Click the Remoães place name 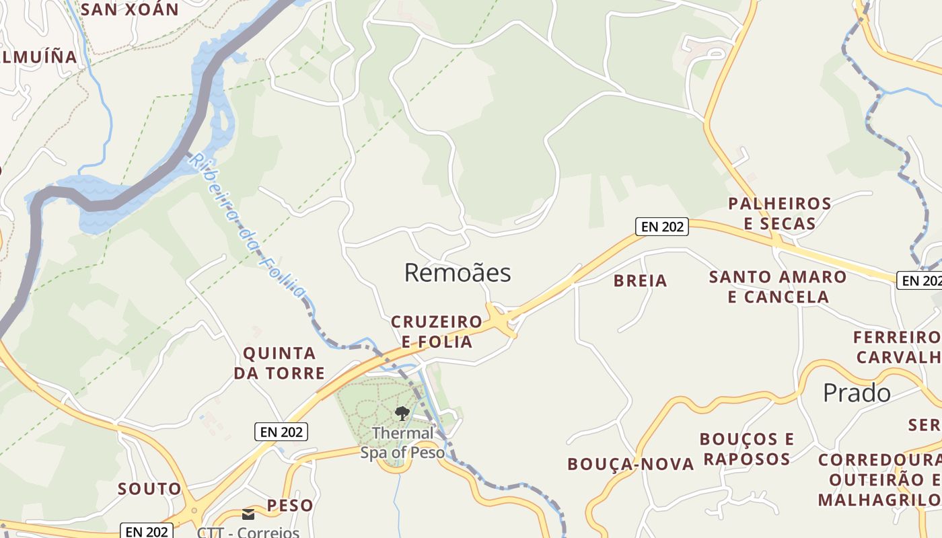pyautogui.click(x=458, y=273)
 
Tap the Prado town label pyautogui.click(x=857, y=393)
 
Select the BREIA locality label pyautogui.click(x=640, y=281)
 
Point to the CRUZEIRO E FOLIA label pyautogui.click(x=437, y=332)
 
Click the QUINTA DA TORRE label pyautogui.click(x=279, y=363)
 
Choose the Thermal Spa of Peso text pyautogui.click(x=402, y=443)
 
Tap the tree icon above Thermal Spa pyautogui.click(x=402, y=413)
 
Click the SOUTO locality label pyautogui.click(x=149, y=489)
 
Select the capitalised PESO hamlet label pyautogui.click(x=290, y=506)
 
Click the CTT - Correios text pyautogui.click(x=248, y=532)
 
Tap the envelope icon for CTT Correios pyautogui.click(x=248, y=515)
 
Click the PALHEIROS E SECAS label pyautogui.click(x=780, y=213)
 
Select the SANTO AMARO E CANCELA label pyautogui.click(x=778, y=286)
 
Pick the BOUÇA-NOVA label pyautogui.click(x=630, y=464)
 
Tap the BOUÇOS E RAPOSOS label pyautogui.click(x=747, y=449)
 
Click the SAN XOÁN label pyautogui.click(x=129, y=9)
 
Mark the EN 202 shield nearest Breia pyautogui.click(x=663, y=227)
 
